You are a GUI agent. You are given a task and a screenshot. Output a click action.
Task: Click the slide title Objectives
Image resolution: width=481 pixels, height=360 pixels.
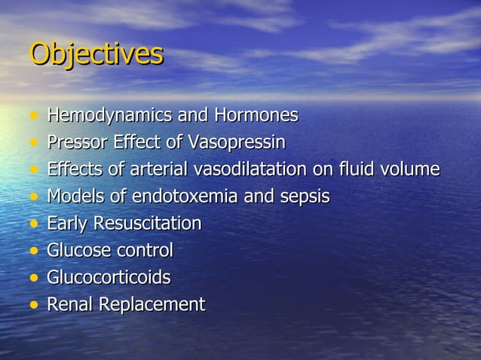pos(96,54)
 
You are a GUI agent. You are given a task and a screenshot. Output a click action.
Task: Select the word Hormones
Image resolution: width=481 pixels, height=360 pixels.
pos(256,116)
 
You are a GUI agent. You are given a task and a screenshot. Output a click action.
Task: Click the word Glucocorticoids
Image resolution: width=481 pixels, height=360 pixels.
pos(109,277)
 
